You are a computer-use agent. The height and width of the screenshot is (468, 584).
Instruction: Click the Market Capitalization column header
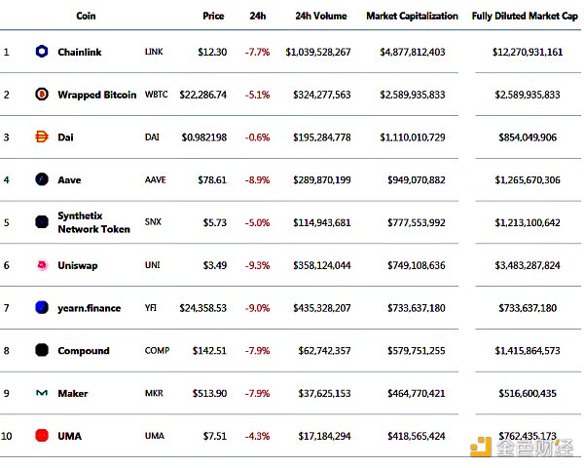412,16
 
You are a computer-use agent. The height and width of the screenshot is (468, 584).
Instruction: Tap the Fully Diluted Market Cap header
526,16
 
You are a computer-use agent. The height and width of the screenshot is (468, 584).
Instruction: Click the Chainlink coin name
79,52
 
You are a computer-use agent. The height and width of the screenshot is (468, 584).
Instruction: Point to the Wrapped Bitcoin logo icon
42,95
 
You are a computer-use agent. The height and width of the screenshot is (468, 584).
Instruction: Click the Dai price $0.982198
204,137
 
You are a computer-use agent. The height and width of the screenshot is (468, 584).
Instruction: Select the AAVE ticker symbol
154,180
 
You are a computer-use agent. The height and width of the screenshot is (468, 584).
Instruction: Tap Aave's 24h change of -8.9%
258,180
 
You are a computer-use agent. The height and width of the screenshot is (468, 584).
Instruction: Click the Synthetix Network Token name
93,222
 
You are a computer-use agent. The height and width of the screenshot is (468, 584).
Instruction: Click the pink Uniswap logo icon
42,265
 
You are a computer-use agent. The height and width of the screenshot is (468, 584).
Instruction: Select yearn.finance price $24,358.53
203,308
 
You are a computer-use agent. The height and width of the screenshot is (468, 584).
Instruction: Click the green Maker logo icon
42,394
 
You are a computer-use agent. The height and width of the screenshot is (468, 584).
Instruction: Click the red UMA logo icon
42,436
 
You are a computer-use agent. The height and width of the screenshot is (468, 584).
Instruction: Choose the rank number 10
7,436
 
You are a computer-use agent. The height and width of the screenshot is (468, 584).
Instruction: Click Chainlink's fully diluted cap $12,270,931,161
528,52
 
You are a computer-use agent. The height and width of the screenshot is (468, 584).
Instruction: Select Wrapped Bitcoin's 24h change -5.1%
258,95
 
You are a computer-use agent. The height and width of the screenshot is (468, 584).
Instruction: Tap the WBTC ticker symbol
156,95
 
